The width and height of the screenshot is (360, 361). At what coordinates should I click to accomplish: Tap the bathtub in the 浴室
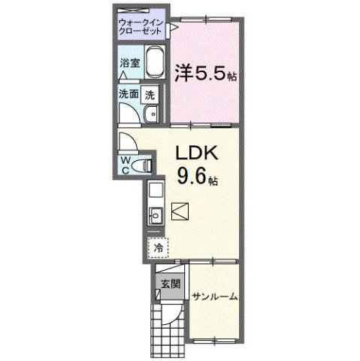click(x=154, y=64)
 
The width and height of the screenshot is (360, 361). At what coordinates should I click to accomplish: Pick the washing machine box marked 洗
click(x=150, y=95)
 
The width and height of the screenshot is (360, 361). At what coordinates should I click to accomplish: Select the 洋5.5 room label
click(x=203, y=74)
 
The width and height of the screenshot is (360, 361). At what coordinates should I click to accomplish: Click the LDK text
click(x=196, y=153)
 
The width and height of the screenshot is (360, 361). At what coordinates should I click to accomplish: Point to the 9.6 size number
click(x=192, y=178)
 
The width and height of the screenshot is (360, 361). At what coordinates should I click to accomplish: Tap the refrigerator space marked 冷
click(x=158, y=247)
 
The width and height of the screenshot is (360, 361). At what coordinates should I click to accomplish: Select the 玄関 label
click(x=168, y=284)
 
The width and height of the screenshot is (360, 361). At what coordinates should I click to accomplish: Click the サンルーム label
click(x=215, y=296)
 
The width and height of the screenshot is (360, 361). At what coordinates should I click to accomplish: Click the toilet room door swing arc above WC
click(x=127, y=142)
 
